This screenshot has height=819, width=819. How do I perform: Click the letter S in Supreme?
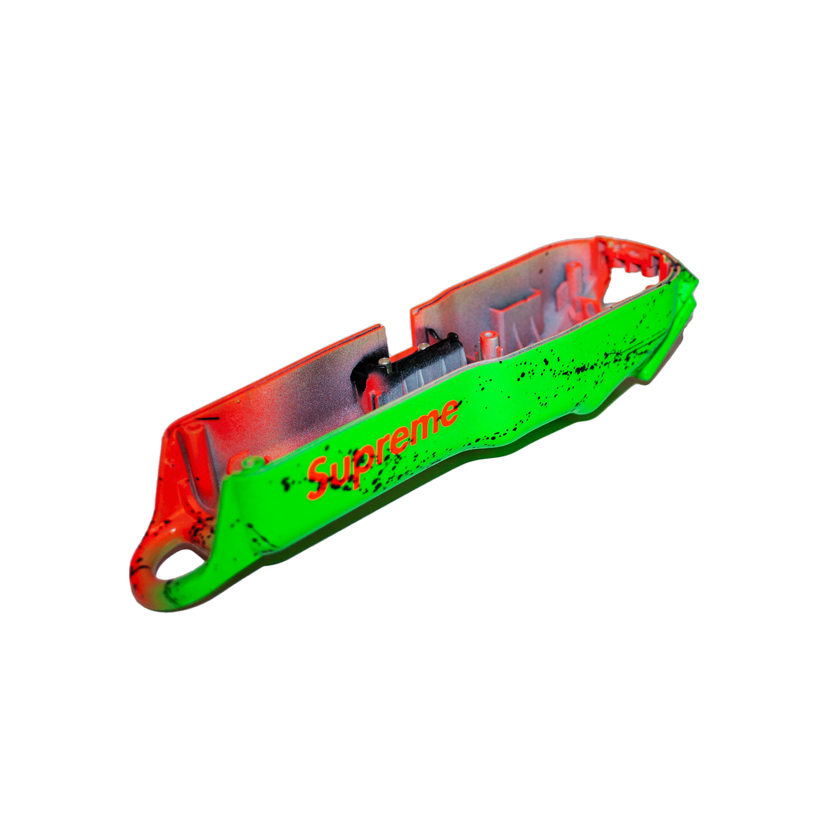coord(320,477)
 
